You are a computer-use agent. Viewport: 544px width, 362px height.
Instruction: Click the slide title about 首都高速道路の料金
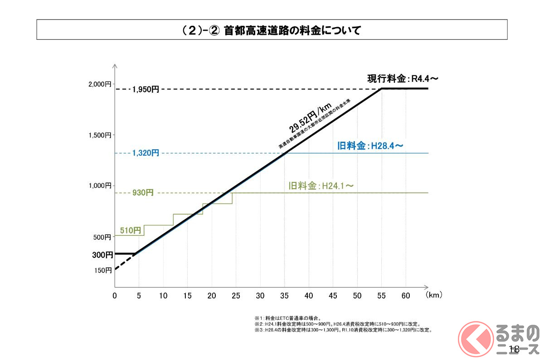click(272, 30)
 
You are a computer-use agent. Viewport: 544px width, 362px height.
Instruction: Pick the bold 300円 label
click(102, 255)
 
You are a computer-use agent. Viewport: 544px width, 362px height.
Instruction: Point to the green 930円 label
click(143, 193)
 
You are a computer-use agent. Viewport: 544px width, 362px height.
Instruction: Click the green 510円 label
click(131, 230)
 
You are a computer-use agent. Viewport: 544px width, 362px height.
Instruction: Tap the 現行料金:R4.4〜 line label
click(403, 79)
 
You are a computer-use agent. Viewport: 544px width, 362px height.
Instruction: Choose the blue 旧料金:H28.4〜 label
click(370, 146)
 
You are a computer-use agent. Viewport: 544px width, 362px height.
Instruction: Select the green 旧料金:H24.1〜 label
click(321, 186)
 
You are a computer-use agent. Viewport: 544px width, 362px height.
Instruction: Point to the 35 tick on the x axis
click(284, 295)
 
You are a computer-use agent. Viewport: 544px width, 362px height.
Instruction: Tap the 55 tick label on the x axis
click(381, 295)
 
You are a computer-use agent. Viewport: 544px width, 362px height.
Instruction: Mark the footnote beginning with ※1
click(288, 319)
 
